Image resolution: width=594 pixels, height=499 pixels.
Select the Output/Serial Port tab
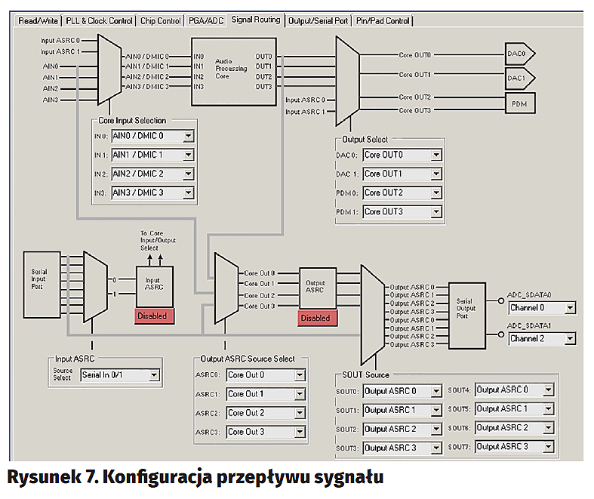point(318,20)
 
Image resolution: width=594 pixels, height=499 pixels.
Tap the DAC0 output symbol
point(520,54)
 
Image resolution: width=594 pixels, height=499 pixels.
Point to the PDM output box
point(519,103)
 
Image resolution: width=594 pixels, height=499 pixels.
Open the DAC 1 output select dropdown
point(402,174)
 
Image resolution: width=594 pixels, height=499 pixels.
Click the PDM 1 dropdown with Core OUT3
point(402,212)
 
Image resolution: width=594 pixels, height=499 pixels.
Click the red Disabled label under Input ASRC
point(153,316)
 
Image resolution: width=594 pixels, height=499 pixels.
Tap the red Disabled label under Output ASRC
point(315,318)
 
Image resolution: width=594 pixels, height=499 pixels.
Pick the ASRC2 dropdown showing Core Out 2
point(266,413)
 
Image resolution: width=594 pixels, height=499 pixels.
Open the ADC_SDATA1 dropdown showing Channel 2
point(541,338)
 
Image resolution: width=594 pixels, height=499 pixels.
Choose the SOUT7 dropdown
point(516,447)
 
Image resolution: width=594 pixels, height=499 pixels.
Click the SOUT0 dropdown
point(402,391)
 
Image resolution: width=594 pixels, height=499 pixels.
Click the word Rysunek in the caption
point(47,478)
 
